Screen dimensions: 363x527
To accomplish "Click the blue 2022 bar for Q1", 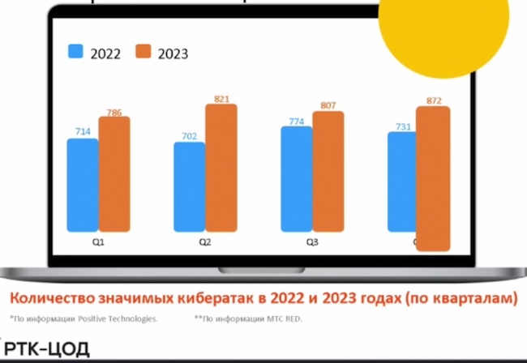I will [83, 184].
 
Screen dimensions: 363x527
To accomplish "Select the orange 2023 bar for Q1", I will [114, 173].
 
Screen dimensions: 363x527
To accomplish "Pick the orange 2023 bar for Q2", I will [221, 167].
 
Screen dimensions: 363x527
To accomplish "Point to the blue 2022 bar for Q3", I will [296, 178].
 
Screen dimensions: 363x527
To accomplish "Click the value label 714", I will [82, 131].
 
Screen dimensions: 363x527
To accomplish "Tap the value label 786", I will [114, 113].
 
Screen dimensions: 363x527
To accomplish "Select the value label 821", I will [222, 99].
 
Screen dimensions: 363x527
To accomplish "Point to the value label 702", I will [188, 136].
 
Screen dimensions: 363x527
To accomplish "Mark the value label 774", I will [296, 121].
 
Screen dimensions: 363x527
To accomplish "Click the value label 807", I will [328, 105].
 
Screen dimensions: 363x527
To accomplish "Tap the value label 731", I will [403, 126].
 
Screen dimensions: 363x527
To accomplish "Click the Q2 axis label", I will [205, 241].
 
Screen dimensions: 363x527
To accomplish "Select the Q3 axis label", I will [311, 241].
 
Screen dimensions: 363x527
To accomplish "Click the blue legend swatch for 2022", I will [75, 53].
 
